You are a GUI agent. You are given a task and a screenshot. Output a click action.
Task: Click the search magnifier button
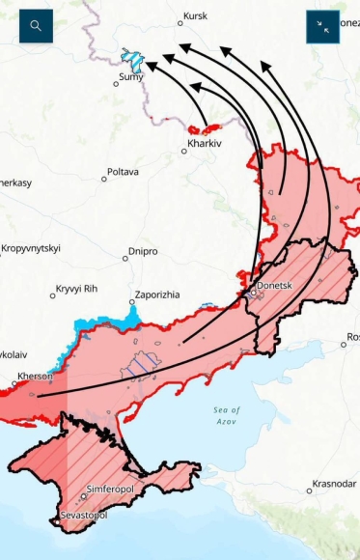point(36,26)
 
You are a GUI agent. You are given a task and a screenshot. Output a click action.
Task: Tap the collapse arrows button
point(322,27)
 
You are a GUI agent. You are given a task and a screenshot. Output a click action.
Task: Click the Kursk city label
point(196,16)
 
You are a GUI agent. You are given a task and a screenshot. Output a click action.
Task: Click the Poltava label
point(123,172)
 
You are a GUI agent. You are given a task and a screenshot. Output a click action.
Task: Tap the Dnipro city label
point(143,251)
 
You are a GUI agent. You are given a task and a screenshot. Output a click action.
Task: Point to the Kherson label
point(34,376)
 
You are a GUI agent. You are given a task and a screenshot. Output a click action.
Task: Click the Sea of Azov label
point(227,416)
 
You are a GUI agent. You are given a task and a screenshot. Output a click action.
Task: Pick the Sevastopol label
point(85,516)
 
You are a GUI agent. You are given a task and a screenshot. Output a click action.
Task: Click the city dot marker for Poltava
point(104,179)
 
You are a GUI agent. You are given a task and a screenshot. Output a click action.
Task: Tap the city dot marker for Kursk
point(180,23)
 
